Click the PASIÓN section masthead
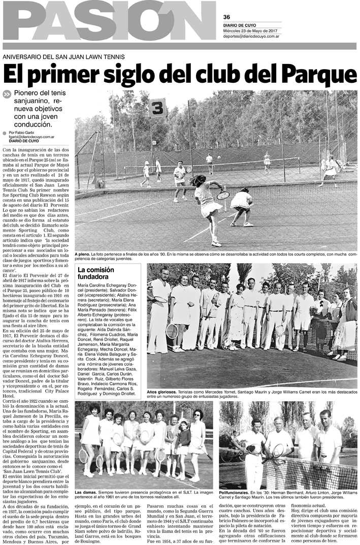pyautogui.click(x=110, y=25)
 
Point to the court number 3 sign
pyautogui.click(x=158, y=108)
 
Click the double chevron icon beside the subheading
pyautogui.click(x=7, y=94)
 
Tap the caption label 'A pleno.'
pyautogui.click(x=83, y=253)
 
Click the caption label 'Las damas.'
pyautogui.click(x=86, y=492)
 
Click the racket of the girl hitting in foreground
pyautogui.click(x=223, y=195)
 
